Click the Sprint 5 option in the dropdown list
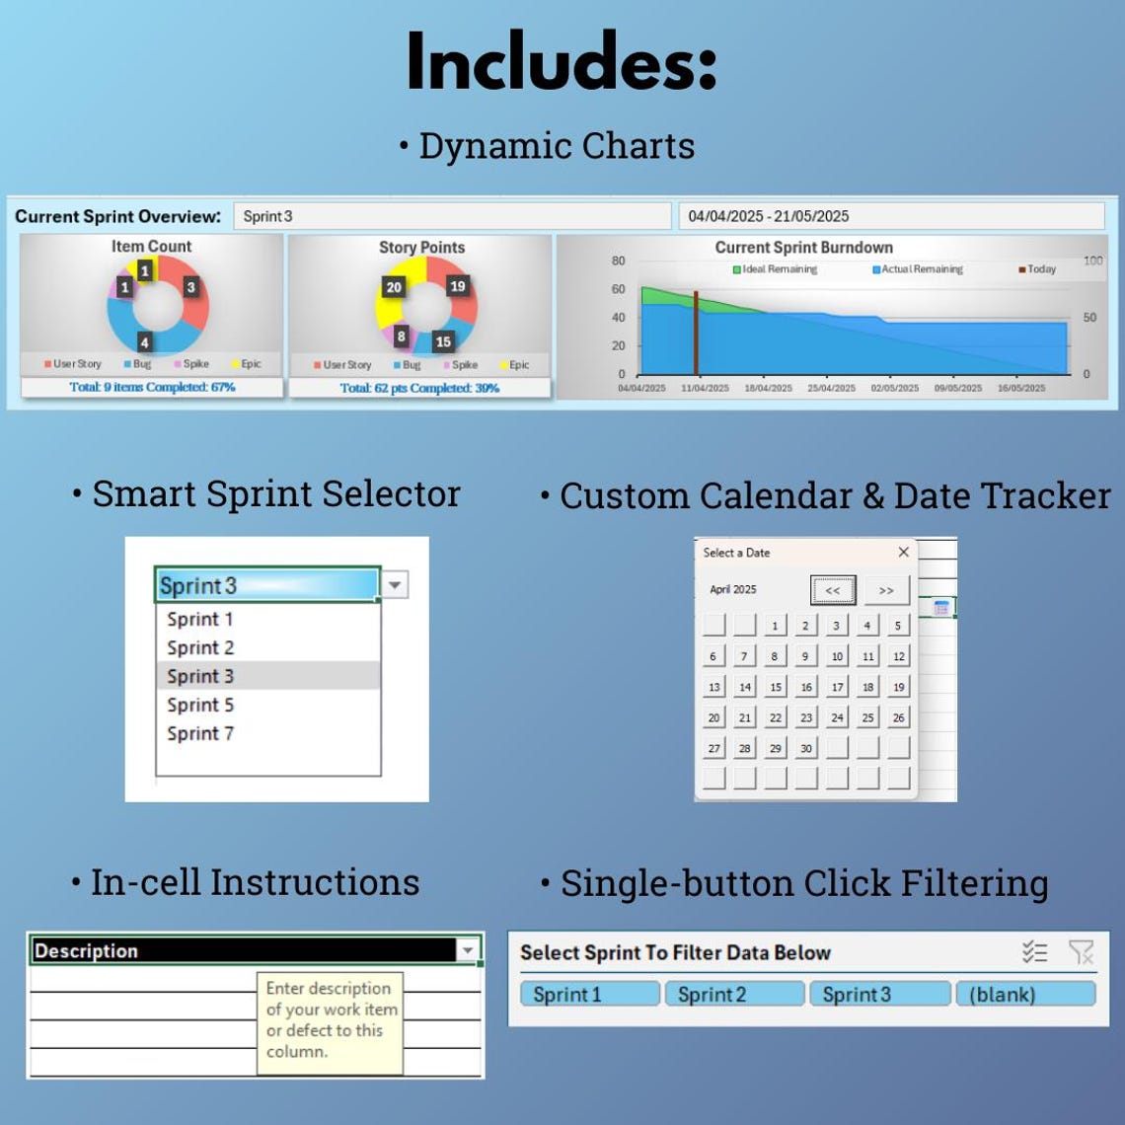(200, 705)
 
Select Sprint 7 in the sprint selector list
(200, 733)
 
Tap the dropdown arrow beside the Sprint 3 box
(394, 585)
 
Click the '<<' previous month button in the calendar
(833, 590)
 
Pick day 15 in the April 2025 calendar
(776, 687)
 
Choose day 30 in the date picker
(806, 748)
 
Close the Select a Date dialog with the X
(903, 553)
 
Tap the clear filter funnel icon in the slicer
(1081, 952)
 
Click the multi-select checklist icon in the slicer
(1034, 952)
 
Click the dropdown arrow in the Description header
(468, 950)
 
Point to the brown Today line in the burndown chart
(696, 334)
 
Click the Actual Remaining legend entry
(917, 269)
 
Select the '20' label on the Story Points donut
(394, 287)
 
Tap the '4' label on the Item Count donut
(144, 342)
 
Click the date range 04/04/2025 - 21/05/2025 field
(890, 216)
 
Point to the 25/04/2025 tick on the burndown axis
(831, 388)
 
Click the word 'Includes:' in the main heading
(561, 62)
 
